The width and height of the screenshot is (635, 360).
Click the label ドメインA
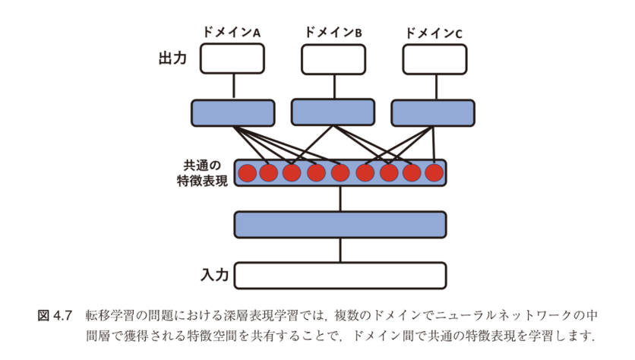pyautogui.click(x=231, y=33)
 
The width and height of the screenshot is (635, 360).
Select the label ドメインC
pyautogui.click(x=434, y=33)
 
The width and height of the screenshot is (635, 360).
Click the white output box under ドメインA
pyautogui.click(x=232, y=58)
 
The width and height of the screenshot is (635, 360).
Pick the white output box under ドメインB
pyautogui.click(x=333, y=59)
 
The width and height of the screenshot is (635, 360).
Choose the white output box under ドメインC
pyautogui.click(x=434, y=59)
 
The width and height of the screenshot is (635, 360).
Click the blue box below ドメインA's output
pyautogui.click(x=232, y=112)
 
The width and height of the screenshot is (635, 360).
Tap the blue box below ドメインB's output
pyautogui.click(x=333, y=112)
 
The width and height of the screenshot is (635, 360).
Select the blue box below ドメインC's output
pyautogui.click(x=433, y=112)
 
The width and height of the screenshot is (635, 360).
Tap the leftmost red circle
pyautogui.click(x=246, y=173)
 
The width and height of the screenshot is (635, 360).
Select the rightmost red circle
pyautogui.click(x=434, y=173)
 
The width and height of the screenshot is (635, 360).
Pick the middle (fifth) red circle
pyautogui.click(x=340, y=173)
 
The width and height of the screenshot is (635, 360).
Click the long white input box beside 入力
pyautogui.click(x=340, y=275)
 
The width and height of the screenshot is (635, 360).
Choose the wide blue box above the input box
pyautogui.click(x=340, y=224)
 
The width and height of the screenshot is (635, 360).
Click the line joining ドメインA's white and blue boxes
pyautogui.click(x=232, y=87)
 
